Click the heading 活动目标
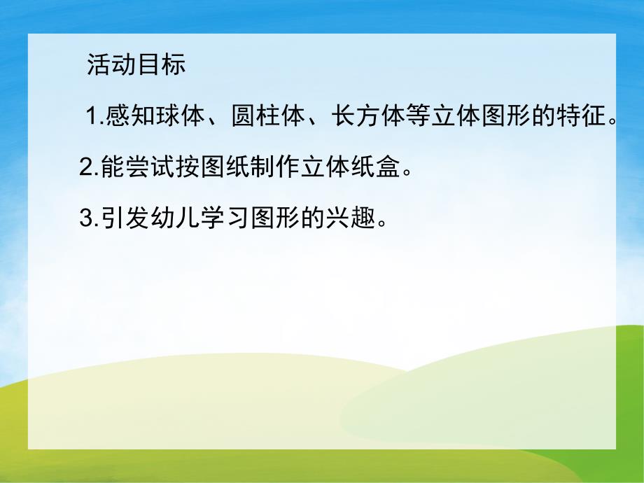(136, 65)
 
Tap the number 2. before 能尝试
(90, 168)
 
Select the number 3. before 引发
(90, 219)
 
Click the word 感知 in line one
(130, 117)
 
